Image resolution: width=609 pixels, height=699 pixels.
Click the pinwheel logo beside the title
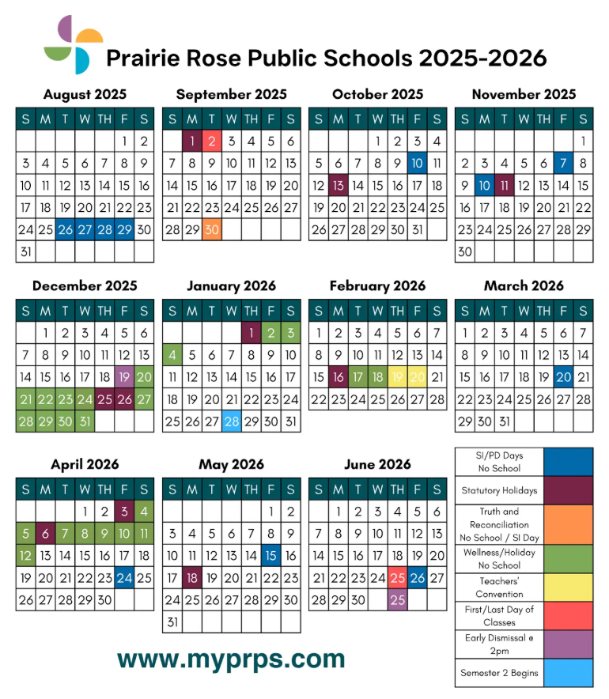[x=73, y=44]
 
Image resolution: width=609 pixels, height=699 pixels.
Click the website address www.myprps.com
[x=231, y=658]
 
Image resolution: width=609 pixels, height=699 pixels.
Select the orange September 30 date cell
[x=211, y=230]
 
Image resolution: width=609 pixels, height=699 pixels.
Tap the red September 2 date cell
[x=211, y=142]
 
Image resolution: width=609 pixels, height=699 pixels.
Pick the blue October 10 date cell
[x=417, y=164]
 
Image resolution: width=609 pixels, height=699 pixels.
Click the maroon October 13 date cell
[x=338, y=186]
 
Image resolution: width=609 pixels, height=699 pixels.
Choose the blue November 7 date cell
[x=563, y=164]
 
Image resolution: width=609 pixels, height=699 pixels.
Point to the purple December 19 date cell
[x=124, y=377]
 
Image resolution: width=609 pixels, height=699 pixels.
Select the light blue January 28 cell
[x=231, y=421]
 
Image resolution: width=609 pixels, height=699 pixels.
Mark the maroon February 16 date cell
[x=338, y=377]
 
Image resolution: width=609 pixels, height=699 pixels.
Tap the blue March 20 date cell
[x=563, y=377]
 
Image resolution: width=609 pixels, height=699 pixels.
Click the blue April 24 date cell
[x=124, y=578]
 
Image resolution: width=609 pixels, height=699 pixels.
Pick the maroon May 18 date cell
[x=191, y=578]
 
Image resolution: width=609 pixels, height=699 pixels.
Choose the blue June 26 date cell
[x=417, y=578]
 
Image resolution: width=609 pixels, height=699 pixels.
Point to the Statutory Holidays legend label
[x=499, y=490]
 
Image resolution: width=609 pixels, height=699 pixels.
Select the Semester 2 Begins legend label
[x=499, y=674]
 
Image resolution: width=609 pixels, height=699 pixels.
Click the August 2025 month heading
[x=85, y=95]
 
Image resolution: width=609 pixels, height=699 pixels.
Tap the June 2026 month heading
[x=377, y=465]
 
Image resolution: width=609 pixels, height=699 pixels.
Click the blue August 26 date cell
[x=65, y=230]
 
